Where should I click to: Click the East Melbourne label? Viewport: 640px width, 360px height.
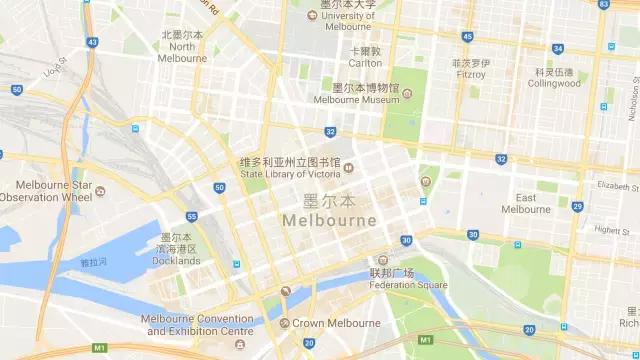click(526, 203)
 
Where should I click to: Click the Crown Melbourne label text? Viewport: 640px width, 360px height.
click(336, 323)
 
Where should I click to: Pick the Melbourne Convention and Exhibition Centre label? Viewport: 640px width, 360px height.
click(197, 325)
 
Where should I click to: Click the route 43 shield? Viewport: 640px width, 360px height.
click(92, 43)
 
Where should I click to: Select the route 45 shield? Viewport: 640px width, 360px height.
click(467, 36)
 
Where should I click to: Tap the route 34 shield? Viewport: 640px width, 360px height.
click(557, 48)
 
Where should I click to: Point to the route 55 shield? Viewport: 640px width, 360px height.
click(191, 216)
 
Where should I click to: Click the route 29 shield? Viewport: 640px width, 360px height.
click(577, 206)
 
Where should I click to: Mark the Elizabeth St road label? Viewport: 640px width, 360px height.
click(617, 186)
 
